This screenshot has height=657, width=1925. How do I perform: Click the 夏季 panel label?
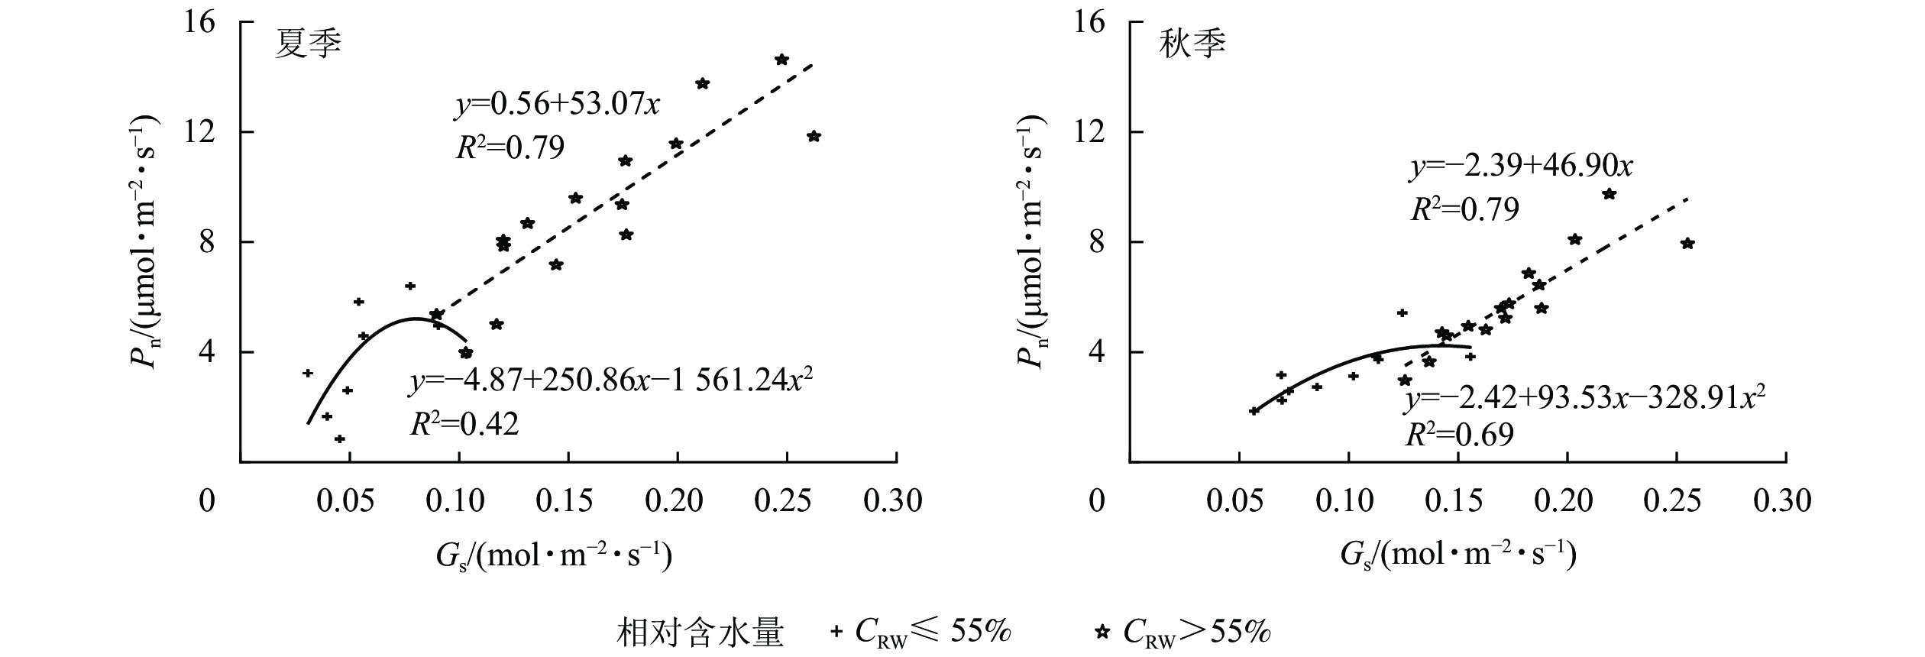point(308,45)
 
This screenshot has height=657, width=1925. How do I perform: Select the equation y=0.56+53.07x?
point(558,105)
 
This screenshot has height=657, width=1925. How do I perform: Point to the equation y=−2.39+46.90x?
point(1521,166)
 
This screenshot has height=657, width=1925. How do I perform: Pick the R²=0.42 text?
point(464,424)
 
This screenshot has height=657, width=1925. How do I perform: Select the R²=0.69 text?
point(1459,435)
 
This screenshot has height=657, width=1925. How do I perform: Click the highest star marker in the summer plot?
point(781,60)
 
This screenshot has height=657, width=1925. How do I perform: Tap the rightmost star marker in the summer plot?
point(814,136)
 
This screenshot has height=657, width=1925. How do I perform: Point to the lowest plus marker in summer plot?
point(340,439)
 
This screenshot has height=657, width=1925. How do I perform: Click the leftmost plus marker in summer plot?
point(308,373)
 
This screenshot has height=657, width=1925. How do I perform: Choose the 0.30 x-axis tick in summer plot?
point(893,502)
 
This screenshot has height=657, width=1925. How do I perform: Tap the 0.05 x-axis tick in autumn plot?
point(1235,502)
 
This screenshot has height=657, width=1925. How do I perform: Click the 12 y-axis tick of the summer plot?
point(202,132)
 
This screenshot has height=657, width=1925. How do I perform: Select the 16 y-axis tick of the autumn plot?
point(1089,22)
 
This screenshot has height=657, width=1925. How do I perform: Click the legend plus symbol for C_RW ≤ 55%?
point(836,631)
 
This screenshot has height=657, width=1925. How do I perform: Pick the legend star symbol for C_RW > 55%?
point(1102,631)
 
